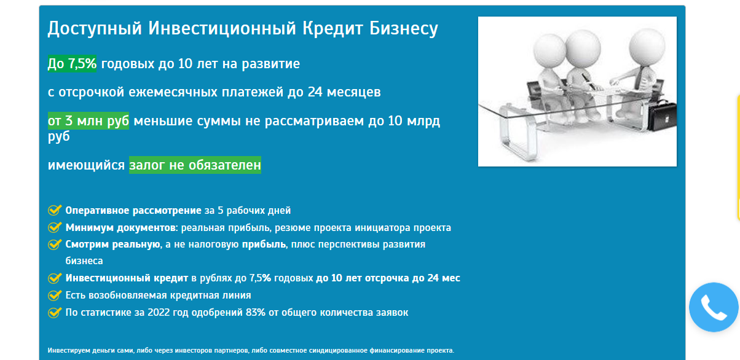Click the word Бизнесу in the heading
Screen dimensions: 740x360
pos(403,29)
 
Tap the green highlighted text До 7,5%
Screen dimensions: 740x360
pos(72,63)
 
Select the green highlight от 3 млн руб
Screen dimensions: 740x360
pos(89,120)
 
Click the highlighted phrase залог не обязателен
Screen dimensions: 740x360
pos(195,165)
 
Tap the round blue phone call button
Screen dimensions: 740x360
pos(714,307)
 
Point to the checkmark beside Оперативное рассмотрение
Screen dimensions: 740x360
pos(55,210)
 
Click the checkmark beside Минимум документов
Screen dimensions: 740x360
pos(55,227)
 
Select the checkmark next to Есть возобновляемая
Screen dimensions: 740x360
pos(55,295)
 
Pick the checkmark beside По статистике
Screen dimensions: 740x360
pos(55,312)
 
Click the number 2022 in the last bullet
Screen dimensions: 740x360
pos(158,312)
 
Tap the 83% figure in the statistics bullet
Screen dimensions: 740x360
pos(255,312)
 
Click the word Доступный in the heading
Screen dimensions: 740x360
pos(95,29)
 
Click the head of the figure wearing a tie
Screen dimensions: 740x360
pos(647,46)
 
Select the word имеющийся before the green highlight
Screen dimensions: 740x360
pos(86,165)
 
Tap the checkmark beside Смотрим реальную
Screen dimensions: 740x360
pos(55,245)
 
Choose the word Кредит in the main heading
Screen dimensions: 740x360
pos(333,29)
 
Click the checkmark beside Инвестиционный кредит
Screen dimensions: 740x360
pos(55,278)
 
